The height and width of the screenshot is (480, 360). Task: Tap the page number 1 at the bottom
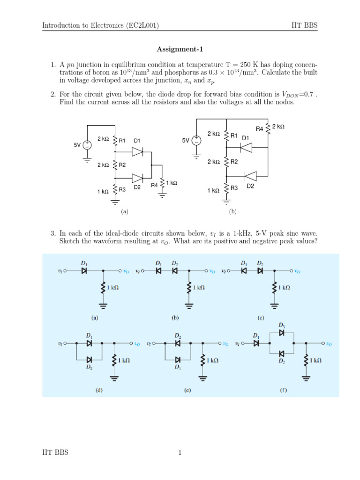tap(180, 452)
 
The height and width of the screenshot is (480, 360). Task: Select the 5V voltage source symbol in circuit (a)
tap(87, 145)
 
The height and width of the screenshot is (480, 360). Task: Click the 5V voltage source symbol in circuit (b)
tap(197, 140)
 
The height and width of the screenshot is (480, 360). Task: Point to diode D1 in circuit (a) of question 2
tap(137, 151)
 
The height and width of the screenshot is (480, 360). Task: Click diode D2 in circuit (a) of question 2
tap(137, 178)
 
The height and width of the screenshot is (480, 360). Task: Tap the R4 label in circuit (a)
tap(154, 185)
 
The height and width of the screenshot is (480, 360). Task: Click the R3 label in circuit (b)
tap(234, 188)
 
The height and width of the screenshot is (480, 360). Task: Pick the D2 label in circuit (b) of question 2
tap(250, 186)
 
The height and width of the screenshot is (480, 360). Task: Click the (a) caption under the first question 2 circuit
tap(124, 211)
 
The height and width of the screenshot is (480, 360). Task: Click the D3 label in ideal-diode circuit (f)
tap(281, 324)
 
